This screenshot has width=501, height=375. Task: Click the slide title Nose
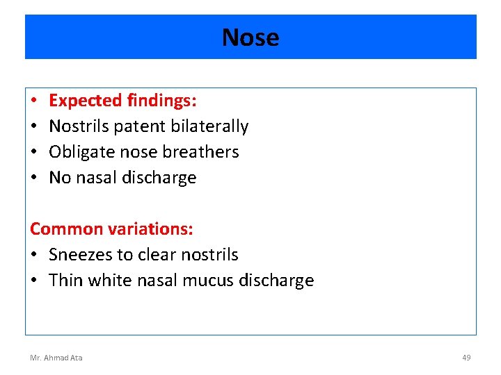[250, 37]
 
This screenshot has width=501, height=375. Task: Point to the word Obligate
[77, 152]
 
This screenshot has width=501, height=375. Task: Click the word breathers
[207, 152]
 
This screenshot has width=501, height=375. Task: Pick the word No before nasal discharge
[60, 178]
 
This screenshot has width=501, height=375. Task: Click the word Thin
[65, 281]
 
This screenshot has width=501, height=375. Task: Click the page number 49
[466, 358]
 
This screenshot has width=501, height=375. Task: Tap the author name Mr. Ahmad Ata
[56, 358]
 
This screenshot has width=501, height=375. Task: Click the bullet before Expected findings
[34, 101]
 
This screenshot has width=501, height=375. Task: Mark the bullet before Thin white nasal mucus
[34, 281]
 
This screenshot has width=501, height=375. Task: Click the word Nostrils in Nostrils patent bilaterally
[76, 126]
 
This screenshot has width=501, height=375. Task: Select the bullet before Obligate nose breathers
[34, 153]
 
